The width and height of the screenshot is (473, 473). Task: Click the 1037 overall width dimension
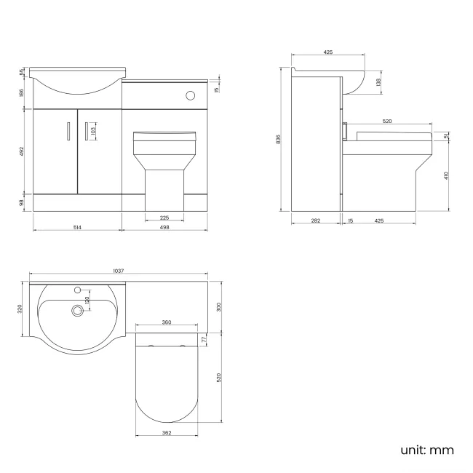118,271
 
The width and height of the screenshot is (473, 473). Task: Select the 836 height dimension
279,139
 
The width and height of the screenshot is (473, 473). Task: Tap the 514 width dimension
77,227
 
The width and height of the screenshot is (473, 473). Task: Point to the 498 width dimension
164,227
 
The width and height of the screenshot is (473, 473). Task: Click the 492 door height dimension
23,151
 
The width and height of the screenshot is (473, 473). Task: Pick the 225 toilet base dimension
164,217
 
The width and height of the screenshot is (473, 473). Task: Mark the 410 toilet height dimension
445,175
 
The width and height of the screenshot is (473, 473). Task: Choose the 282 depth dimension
314,220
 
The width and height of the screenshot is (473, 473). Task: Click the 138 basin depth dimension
377,83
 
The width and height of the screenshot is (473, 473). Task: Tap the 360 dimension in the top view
166,322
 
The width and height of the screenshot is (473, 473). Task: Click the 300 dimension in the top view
219,306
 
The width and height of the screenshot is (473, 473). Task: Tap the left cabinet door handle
68,130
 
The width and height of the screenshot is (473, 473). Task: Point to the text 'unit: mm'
427,450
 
